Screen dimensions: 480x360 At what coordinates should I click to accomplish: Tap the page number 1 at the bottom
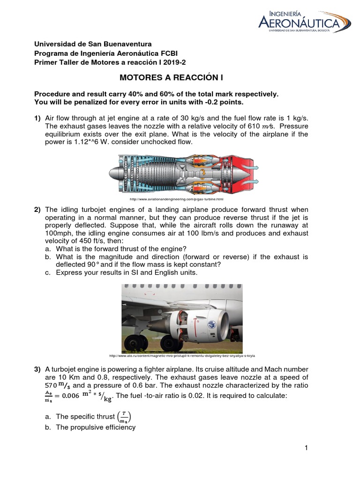click(x=306, y=448)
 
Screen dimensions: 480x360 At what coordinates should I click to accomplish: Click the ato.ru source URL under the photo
click(x=184, y=355)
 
